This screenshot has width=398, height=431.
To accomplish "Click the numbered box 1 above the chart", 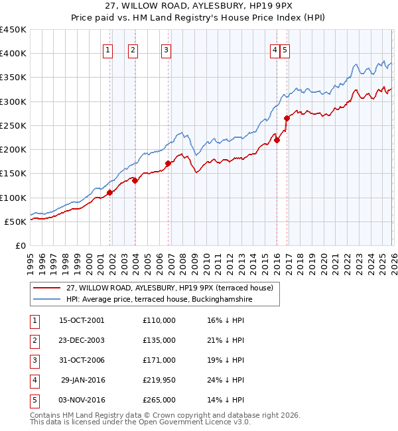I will (108, 48).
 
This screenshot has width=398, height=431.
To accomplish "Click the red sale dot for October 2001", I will (109, 192).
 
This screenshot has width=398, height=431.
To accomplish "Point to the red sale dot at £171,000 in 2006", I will (168, 163).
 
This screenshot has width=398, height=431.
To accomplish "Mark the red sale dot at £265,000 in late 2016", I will (287, 118).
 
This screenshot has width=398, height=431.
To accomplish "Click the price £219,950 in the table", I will (159, 380).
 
